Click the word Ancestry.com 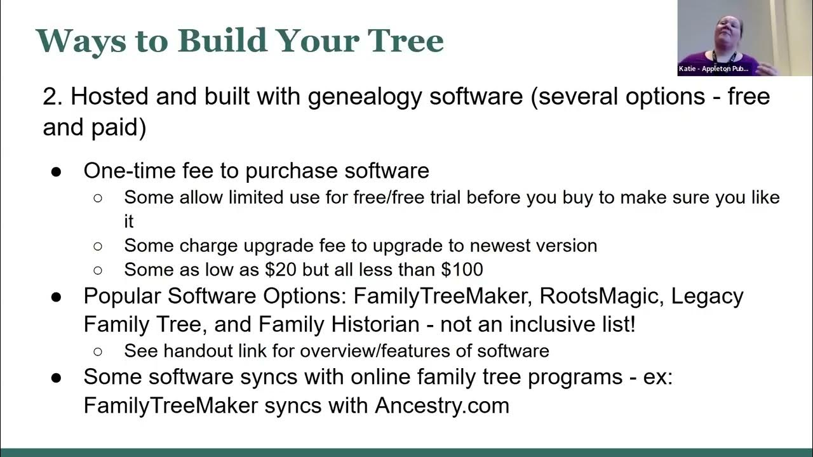442,406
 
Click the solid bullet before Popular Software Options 57,297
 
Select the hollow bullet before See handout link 98,351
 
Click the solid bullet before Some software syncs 57,378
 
